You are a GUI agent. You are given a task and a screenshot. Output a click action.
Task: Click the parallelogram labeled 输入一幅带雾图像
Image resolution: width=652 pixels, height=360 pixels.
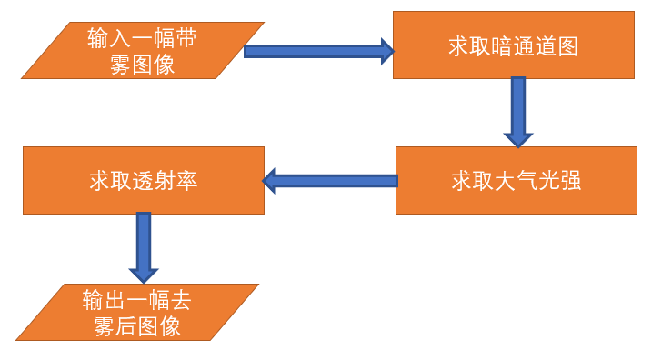pos(143,51)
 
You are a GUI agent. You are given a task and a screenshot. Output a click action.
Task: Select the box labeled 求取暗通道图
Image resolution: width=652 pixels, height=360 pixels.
pos(513,45)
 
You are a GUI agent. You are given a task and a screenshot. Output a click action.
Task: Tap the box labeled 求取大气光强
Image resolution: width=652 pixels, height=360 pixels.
pos(516,181)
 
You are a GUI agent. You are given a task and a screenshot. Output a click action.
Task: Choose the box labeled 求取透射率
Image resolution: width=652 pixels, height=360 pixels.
pos(143,181)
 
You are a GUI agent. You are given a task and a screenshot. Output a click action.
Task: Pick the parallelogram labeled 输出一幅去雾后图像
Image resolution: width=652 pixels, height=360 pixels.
pos(137,313)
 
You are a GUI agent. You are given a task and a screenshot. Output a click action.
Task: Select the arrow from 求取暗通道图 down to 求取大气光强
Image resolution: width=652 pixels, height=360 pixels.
pos(517,107)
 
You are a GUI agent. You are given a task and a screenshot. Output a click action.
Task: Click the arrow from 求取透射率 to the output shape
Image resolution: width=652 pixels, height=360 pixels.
pos(144,244)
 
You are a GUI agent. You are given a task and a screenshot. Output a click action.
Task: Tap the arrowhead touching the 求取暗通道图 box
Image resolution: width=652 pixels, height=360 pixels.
pos(386,51)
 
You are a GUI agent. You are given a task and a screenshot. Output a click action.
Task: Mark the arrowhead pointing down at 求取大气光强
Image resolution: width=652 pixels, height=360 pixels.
pos(517,139)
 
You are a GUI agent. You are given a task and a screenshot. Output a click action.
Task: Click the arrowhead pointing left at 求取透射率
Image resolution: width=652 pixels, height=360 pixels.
pos(270,181)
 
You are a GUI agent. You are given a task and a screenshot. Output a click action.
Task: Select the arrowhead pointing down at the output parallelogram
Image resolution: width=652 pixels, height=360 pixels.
pos(144,273)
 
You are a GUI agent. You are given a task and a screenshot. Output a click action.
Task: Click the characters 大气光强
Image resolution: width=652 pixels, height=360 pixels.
pos(537,181)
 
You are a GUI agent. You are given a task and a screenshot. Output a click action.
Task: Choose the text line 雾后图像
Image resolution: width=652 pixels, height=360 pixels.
pos(137,326)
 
